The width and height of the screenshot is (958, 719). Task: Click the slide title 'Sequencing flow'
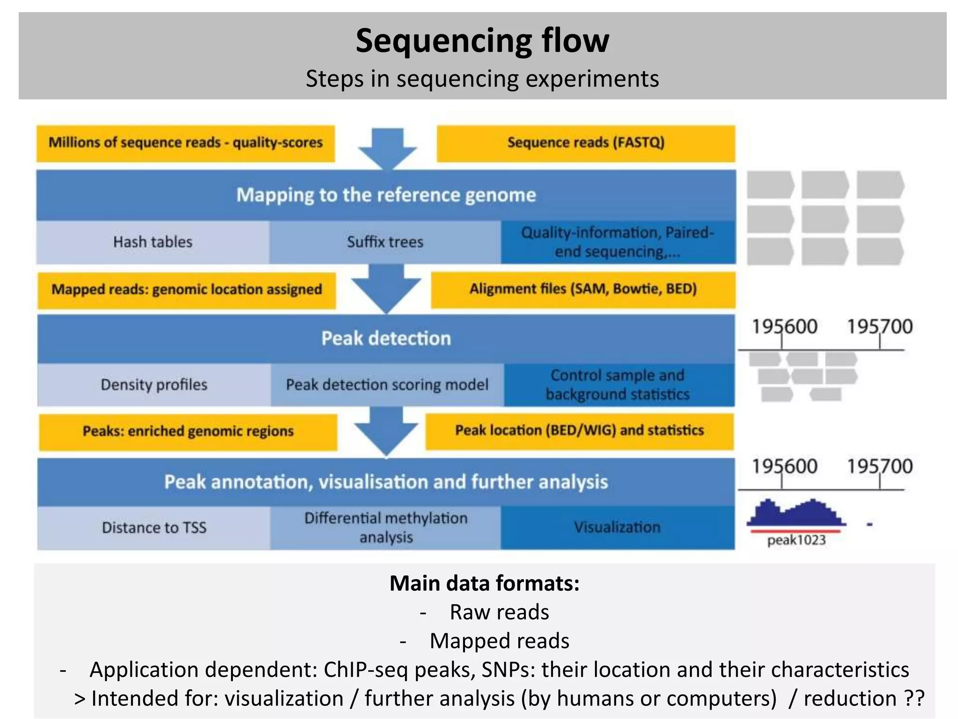[x=482, y=41]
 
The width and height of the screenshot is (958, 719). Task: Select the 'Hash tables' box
[x=152, y=242]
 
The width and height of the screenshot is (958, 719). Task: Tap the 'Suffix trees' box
[x=385, y=242]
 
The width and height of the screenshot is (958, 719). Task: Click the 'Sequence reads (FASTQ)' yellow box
[x=586, y=143]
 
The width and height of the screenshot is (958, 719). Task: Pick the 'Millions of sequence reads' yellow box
[x=186, y=143]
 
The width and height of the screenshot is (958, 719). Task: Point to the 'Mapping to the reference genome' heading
[x=386, y=195]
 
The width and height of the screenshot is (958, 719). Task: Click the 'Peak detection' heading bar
[x=386, y=338]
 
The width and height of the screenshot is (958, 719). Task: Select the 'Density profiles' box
[x=154, y=385]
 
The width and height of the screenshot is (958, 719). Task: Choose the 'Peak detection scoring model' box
[x=387, y=385]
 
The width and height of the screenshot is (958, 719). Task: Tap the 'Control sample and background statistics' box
[x=618, y=385]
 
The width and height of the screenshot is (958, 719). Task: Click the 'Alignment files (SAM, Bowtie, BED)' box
[x=583, y=289]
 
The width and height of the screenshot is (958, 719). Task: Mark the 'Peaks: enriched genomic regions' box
[x=188, y=431]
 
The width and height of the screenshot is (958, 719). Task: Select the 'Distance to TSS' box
[x=154, y=528]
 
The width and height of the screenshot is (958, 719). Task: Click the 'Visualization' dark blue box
[x=617, y=528]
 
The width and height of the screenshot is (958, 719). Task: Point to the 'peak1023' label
[x=796, y=541]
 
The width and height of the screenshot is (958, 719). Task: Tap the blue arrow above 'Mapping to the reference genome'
[x=387, y=147]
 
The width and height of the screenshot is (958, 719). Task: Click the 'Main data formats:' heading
[x=484, y=584]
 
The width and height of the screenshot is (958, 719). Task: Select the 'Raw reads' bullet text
[x=499, y=612]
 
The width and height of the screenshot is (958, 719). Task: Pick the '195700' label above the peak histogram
[x=879, y=467]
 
